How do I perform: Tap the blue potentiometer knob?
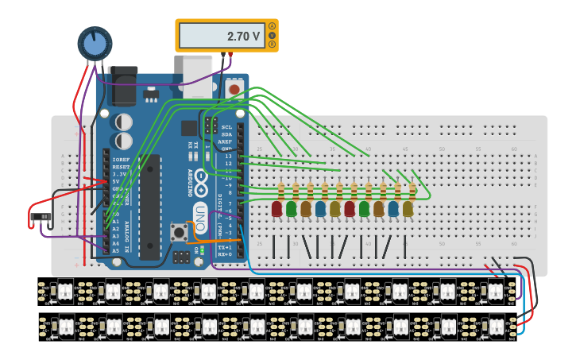tap(95, 44)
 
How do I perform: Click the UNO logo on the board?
tap(201, 212)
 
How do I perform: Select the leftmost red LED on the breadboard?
tap(276, 208)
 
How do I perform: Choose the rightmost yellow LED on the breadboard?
tap(408, 208)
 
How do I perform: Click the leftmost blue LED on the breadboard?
tap(320, 208)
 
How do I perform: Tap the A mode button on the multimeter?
tap(273, 25)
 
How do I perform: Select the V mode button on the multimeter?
tap(273, 35)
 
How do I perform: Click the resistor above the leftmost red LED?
tap(280, 190)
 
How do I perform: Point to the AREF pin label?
tap(227, 141)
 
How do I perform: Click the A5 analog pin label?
tap(115, 250)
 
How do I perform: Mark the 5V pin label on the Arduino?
tap(116, 181)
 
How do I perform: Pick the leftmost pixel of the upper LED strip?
tap(63, 292)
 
